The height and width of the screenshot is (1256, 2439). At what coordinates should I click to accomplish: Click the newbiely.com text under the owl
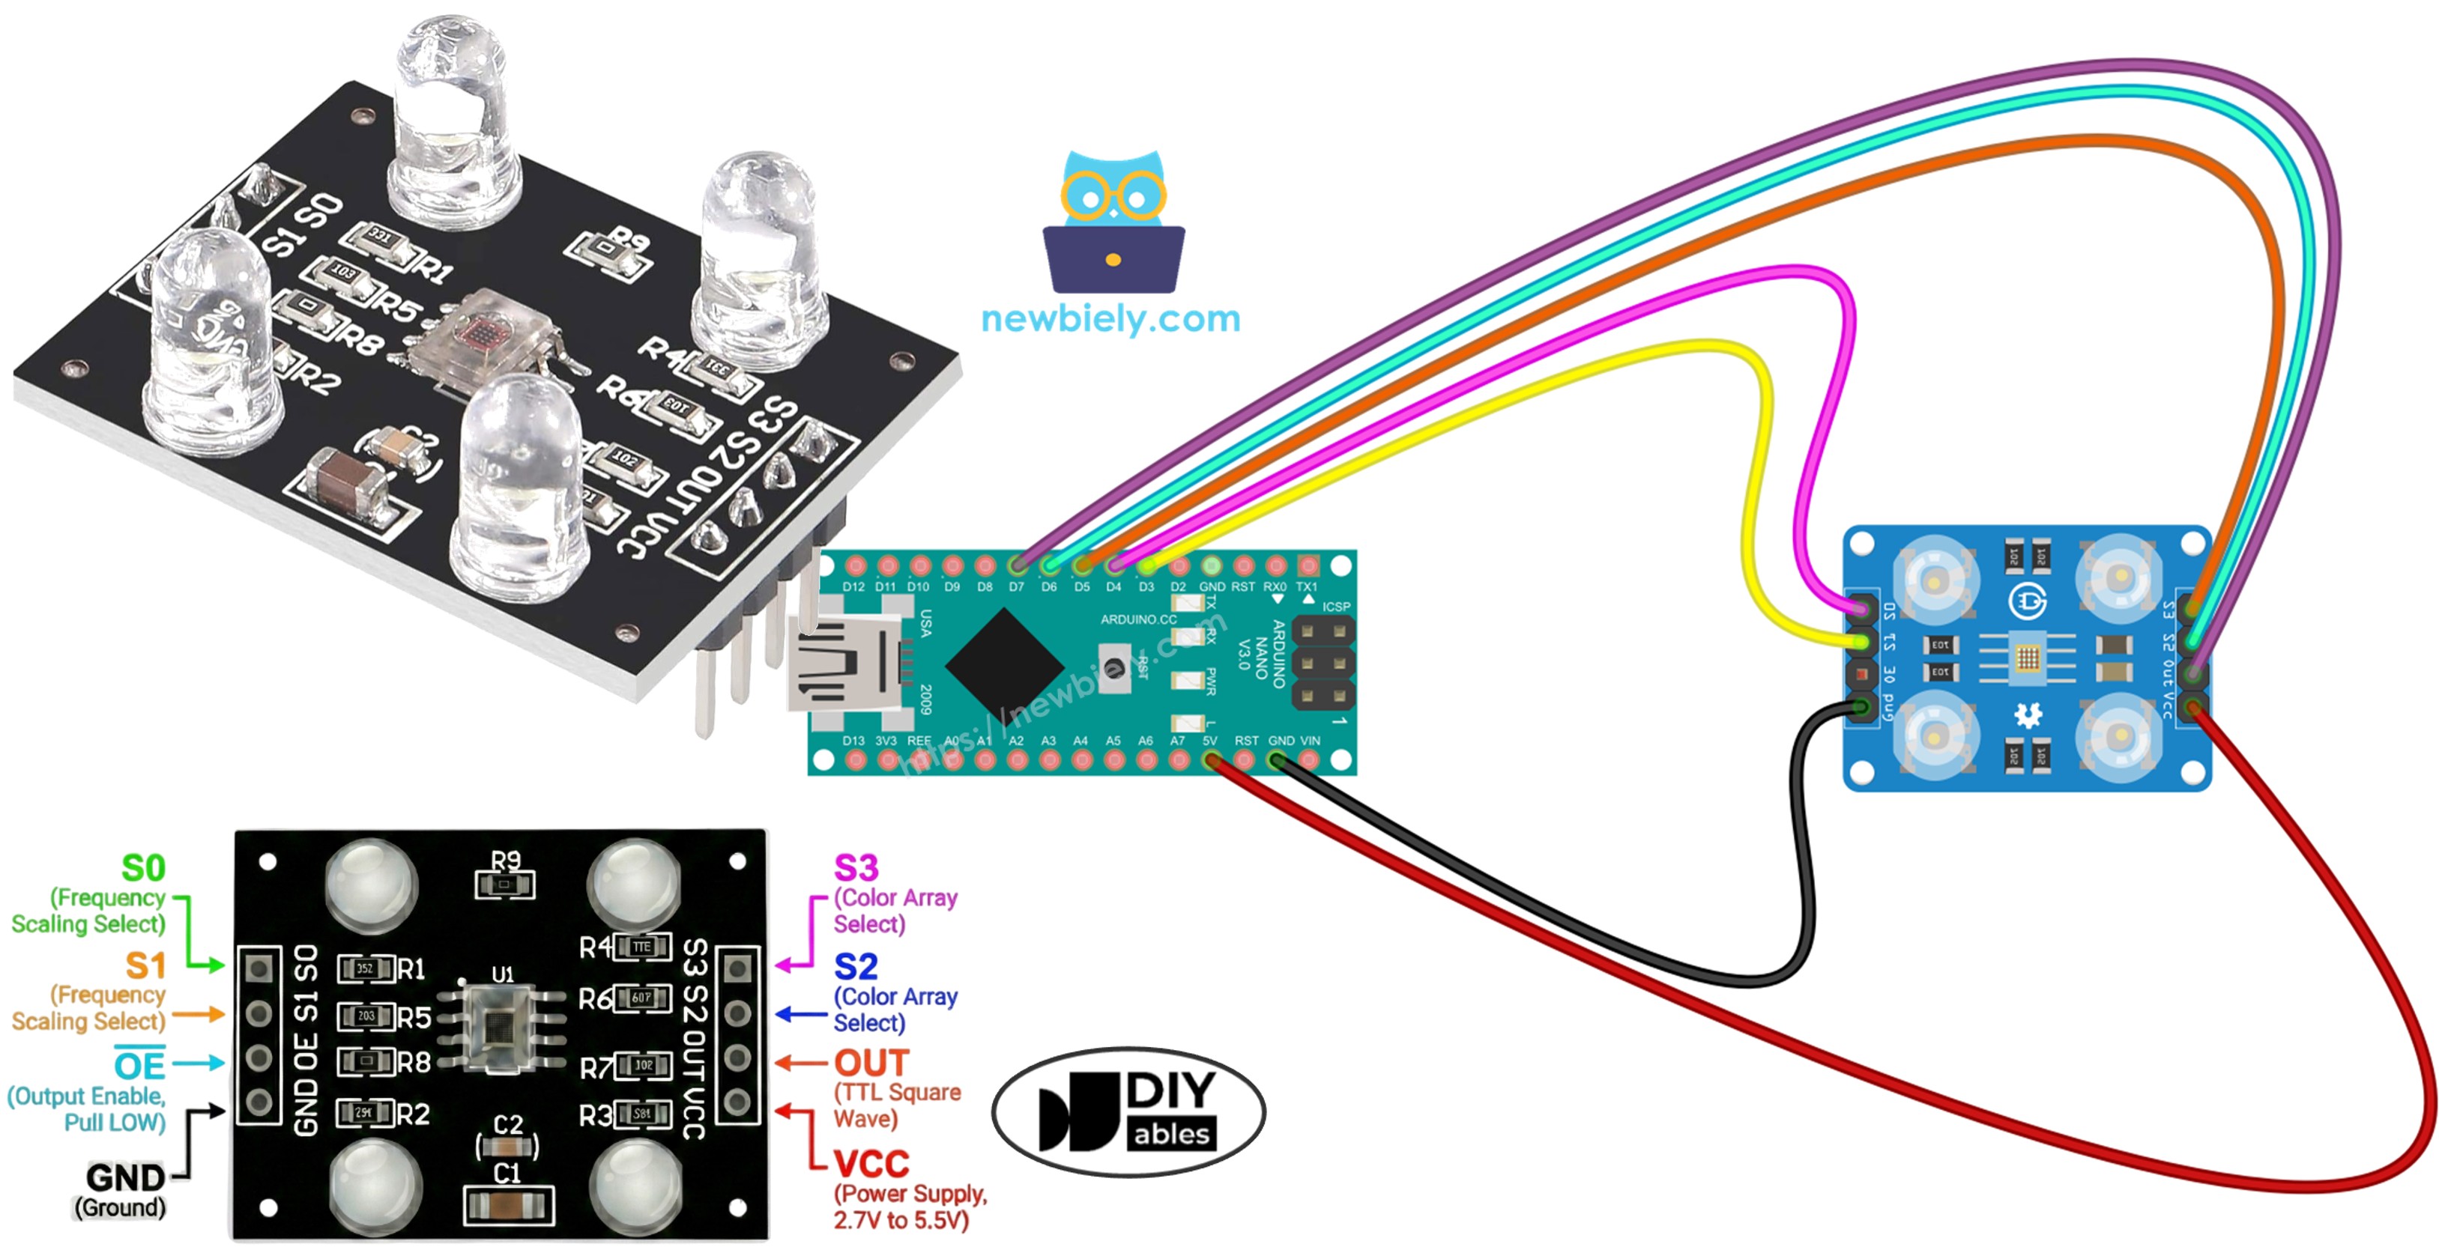pos(1110,319)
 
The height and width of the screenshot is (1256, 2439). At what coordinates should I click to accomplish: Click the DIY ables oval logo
pos(1128,1111)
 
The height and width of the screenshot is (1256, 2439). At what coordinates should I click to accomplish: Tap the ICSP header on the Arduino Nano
pos(1323,663)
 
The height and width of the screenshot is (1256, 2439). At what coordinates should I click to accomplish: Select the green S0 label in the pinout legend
pos(143,868)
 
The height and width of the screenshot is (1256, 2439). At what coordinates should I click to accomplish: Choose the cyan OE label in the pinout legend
pos(139,1066)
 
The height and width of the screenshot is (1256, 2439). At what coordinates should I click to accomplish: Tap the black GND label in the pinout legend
pos(125,1177)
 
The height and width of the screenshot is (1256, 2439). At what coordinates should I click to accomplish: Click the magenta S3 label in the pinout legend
pos(855,867)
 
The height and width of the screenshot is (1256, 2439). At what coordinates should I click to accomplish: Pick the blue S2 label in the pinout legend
pos(855,966)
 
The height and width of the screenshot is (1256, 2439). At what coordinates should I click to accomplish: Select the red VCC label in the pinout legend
pos(871,1163)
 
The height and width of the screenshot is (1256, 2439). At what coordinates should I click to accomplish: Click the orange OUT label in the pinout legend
pos(871,1063)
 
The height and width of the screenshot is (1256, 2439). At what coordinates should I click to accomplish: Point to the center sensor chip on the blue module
pos(2026,657)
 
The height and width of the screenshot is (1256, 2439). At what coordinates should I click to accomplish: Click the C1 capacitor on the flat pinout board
pos(509,1206)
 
